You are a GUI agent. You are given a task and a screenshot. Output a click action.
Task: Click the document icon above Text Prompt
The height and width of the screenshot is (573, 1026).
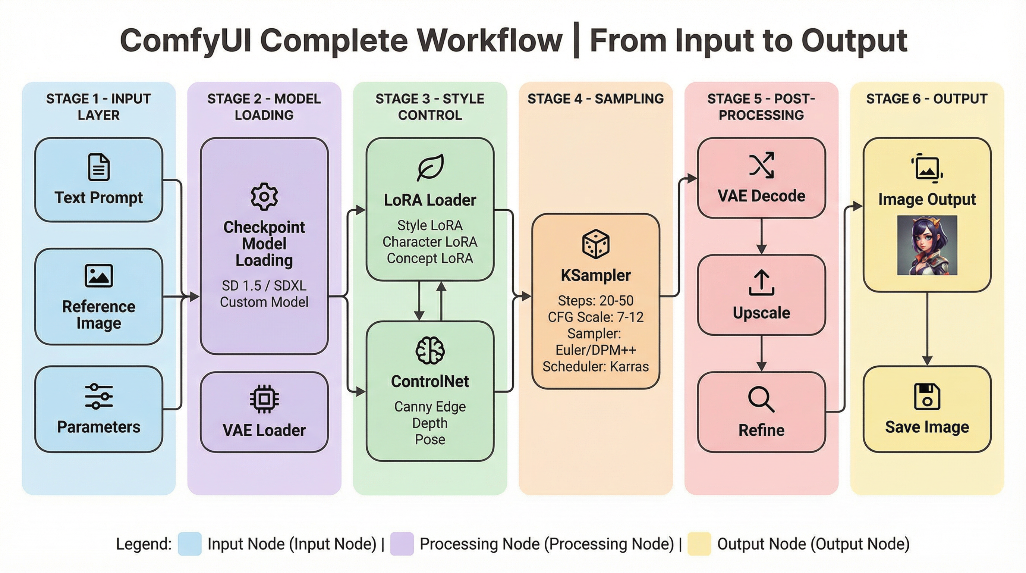(98, 167)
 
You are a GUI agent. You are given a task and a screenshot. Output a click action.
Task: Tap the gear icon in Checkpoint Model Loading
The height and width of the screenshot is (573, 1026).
(264, 197)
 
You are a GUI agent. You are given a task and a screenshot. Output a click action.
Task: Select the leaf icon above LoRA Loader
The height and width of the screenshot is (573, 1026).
(430, 167)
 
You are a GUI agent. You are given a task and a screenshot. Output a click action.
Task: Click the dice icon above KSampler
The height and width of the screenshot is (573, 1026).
(595, 244)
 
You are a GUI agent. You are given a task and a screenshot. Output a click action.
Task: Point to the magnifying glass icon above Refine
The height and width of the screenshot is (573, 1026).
(761, 400)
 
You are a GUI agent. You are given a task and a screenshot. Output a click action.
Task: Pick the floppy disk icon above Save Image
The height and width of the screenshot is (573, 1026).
(927, 397)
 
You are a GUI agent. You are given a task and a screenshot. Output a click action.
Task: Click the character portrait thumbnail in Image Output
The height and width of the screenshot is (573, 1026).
(927, 245)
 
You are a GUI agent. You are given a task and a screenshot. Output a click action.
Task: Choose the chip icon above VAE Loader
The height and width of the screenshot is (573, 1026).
(264, 398)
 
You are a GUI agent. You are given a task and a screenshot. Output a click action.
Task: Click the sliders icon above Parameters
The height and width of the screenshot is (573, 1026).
(98, 397)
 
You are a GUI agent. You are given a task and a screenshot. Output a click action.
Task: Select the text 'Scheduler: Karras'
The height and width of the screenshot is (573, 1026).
(595, 367)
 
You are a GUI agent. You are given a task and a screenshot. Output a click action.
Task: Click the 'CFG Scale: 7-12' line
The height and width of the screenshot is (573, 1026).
(595, 317)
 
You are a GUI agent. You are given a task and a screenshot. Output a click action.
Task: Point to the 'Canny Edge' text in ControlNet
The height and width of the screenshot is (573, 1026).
(430, 407)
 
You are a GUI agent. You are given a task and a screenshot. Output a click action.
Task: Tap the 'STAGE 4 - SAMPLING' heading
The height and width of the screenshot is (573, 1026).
(595, 99)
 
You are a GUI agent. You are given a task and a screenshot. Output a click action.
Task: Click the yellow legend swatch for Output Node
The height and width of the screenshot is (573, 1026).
(699, 544)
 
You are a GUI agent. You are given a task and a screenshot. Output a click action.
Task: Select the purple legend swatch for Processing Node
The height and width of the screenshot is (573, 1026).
(402, 544)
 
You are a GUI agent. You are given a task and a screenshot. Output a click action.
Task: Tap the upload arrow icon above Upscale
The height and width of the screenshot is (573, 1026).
(761, 282)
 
